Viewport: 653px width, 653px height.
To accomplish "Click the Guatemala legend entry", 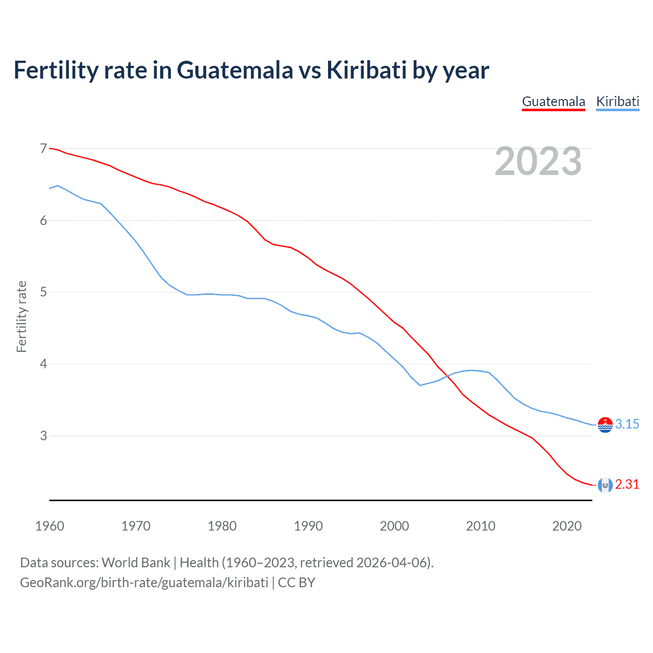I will [554, 102].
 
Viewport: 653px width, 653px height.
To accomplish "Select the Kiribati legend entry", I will [618, 102].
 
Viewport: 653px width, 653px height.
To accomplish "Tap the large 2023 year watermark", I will [538, 161].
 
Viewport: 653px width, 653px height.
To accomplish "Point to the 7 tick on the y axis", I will [43, 148].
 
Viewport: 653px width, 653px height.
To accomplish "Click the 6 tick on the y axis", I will [43, 220].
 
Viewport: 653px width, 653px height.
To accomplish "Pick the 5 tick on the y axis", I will [43, 292].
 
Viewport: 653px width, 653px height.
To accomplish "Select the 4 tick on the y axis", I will [43, 364].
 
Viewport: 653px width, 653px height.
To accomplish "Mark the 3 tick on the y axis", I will [43, 436].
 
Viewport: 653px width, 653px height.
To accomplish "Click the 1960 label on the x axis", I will [49, 526].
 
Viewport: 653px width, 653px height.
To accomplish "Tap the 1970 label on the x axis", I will [136, 526].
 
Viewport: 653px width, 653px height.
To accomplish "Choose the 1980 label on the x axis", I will [222, 526].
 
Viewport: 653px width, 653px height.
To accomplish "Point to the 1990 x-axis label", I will [308, 526].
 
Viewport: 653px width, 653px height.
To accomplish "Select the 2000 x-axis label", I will [394, 526].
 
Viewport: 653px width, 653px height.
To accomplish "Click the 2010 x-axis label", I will [481, 526].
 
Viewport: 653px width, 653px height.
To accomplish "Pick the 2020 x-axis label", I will [567, 526].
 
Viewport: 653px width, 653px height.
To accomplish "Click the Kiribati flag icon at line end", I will [605, 424].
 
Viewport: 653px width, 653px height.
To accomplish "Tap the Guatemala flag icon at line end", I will [605, 485].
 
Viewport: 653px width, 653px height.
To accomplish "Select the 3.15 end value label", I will [627, 424].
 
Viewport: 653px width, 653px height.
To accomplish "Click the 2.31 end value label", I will [627, 485].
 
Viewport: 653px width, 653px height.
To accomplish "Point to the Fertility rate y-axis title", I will [21, 316].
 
